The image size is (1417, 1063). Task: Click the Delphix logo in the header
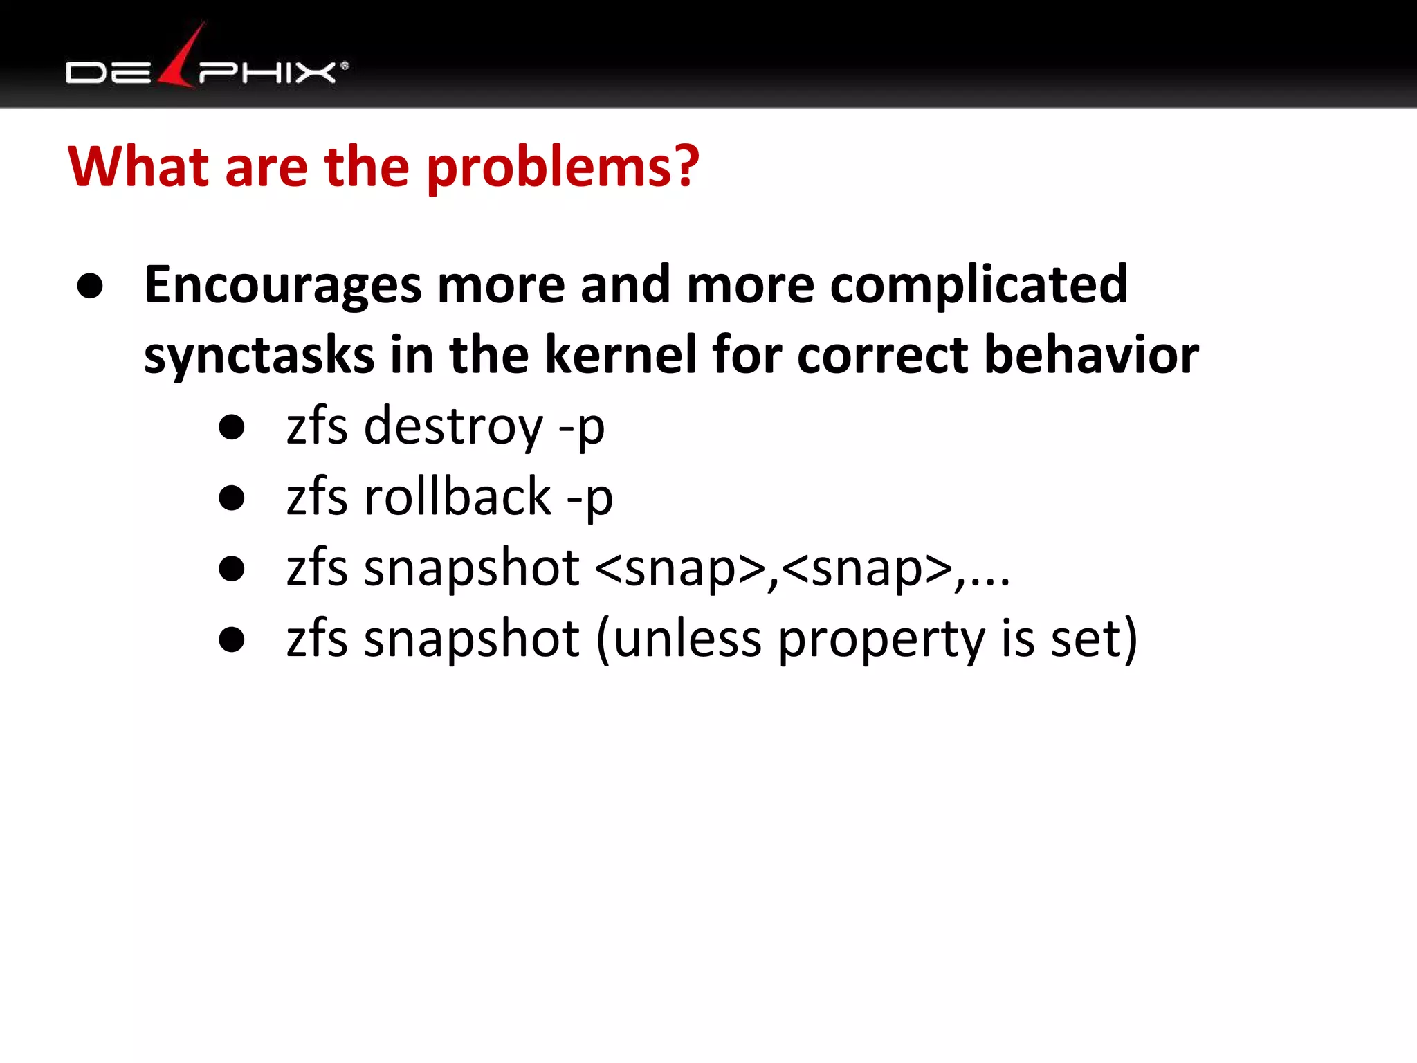pyautogui.click(x=206, y=69)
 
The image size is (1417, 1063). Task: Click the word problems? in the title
pyautogui.click(x=563, y=168)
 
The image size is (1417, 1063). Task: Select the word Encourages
pyautogui.click(x=282, y=285)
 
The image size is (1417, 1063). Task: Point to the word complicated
pyautogui.click(x=978, y=285)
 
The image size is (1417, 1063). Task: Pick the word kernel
pyautogui.click(x=620, y=354)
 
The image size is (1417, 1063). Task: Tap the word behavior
pyautogui.click(x=1091, y=354)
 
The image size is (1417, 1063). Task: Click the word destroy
pyautogui.click(x=453, y=427)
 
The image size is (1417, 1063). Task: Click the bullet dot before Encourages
pyautogui.click(x=91, y=286)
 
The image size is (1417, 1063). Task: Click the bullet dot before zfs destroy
pyautogui.click(x=231, y=427)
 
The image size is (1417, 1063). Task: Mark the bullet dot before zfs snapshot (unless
pyautogui.click(x=231, y=639)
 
